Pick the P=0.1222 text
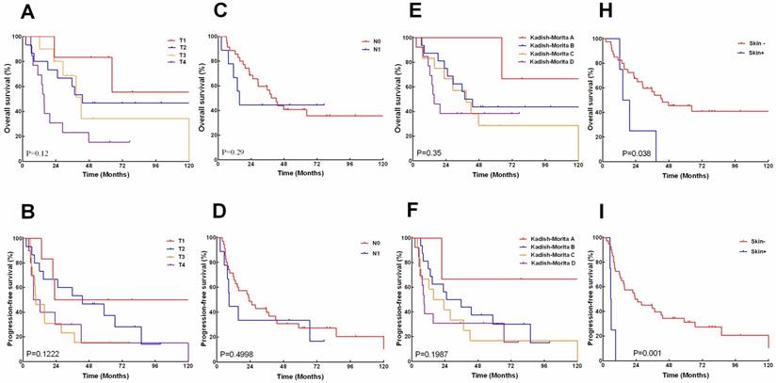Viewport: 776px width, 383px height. click(x=47, y=353)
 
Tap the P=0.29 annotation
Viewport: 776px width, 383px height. click(x=235, y=152)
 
